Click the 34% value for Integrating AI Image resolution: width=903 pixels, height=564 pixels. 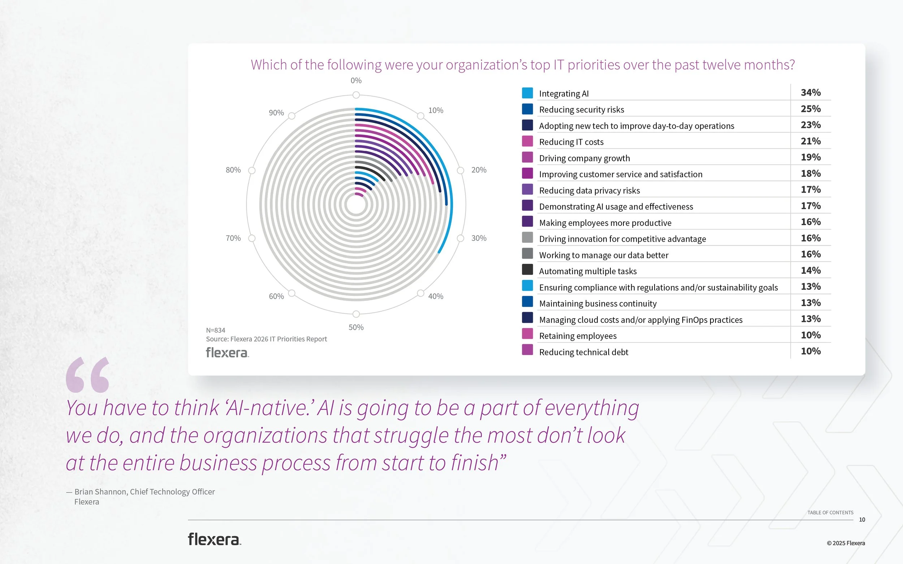[810, 92]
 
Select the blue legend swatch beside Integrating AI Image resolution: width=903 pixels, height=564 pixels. [527, 93]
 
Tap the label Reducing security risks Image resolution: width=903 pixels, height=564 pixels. [581, 110]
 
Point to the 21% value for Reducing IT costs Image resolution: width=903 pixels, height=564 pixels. [810, 141]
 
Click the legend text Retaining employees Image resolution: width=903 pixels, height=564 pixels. [578, 336]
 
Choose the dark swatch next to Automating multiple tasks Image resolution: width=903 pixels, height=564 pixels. [527, 269]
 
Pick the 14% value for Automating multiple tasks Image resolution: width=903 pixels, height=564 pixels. [810, 270]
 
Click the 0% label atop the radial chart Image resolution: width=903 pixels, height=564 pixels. [356, 80]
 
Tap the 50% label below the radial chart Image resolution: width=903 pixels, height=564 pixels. [356, 328]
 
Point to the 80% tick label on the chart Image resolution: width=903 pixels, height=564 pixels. [233, 170]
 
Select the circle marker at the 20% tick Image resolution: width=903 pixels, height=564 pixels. [460, 170]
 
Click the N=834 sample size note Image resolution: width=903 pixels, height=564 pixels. [215, 330]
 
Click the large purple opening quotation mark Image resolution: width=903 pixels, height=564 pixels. [87, 375]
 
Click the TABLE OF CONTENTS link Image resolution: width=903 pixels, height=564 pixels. [830, 512]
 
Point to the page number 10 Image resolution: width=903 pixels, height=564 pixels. [861, 520]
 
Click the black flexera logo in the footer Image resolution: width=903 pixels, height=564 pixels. [214, 539]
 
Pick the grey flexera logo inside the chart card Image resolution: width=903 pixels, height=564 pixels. [227, 353]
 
